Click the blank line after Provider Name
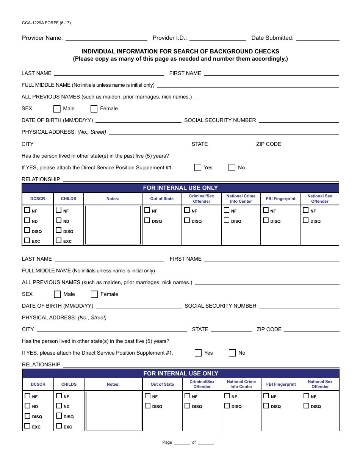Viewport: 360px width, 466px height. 106,38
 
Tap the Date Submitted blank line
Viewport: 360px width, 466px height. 318,38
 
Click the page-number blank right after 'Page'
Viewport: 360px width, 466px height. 182,443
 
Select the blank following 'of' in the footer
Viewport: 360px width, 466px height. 206,443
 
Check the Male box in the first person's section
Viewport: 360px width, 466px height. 57,109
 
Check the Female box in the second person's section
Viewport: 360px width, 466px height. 94,294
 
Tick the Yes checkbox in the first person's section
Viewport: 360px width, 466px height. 198,168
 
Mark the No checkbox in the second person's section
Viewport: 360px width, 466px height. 232,353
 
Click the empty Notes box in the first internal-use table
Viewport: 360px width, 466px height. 113,225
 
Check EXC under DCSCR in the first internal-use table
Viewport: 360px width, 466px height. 27,240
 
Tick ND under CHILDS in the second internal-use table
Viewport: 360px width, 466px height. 59,406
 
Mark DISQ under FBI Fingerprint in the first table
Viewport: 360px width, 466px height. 266,220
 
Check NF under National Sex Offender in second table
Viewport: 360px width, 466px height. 306,396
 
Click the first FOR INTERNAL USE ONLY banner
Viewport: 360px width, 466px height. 180,188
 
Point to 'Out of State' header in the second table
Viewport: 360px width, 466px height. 162,384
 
